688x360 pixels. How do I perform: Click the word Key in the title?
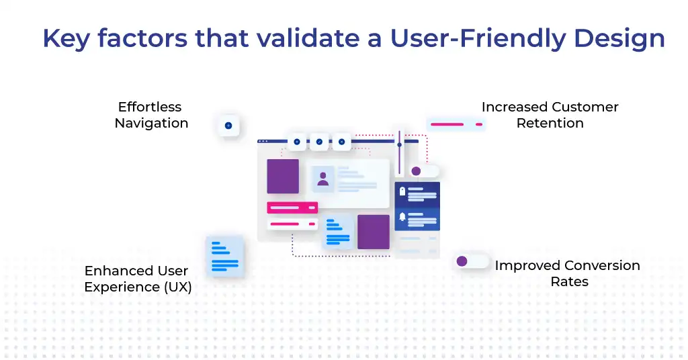tap(65, 38)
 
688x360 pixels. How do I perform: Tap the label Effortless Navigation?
tap(151, 115)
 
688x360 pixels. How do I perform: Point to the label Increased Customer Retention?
tap(550, 115)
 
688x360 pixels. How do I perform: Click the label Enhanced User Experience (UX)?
tap(137, 279)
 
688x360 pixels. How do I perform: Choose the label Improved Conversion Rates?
tap(568, 273)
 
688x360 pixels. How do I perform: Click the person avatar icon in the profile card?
tap(323, 179)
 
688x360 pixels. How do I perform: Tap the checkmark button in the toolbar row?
tap(319, 142)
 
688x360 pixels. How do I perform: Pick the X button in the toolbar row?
tap(341, 142)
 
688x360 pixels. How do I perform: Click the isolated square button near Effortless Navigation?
tap(228, 126)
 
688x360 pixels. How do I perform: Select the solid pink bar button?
tap(292, 208)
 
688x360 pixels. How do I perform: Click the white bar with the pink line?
tap(292, 224)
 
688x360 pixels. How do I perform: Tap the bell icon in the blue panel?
tap(402, 217)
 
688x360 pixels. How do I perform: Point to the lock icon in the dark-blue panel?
tap(402, 192)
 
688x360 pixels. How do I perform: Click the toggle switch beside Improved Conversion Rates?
tap(472, 261)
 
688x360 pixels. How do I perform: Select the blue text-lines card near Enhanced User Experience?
tap(224, 256)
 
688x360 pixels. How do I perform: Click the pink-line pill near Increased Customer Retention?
tap(456, 124)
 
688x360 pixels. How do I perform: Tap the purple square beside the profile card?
tap(283, 177)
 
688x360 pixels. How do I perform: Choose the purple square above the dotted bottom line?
tap(374, 232)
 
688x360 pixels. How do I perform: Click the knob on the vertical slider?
tap(399, 144)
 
